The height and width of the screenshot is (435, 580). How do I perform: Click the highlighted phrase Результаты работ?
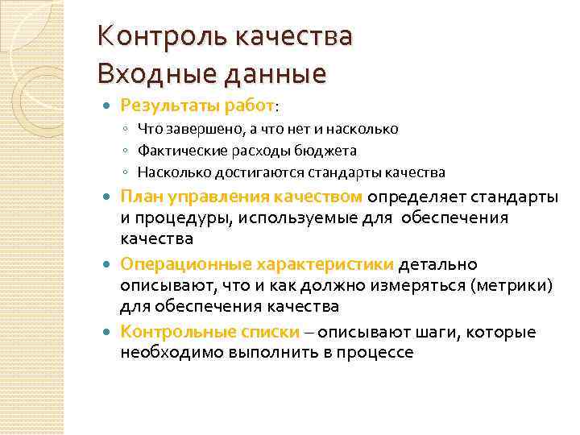coord(197,105)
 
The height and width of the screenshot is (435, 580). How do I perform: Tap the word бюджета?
coord(329,151)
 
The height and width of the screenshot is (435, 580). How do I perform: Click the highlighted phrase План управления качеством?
coord(242,198)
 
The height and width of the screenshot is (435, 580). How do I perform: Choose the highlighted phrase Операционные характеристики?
coord(257,265)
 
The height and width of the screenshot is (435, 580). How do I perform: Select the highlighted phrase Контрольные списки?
coord(210,332)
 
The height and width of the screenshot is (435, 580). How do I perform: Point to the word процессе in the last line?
coord(376,353)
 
